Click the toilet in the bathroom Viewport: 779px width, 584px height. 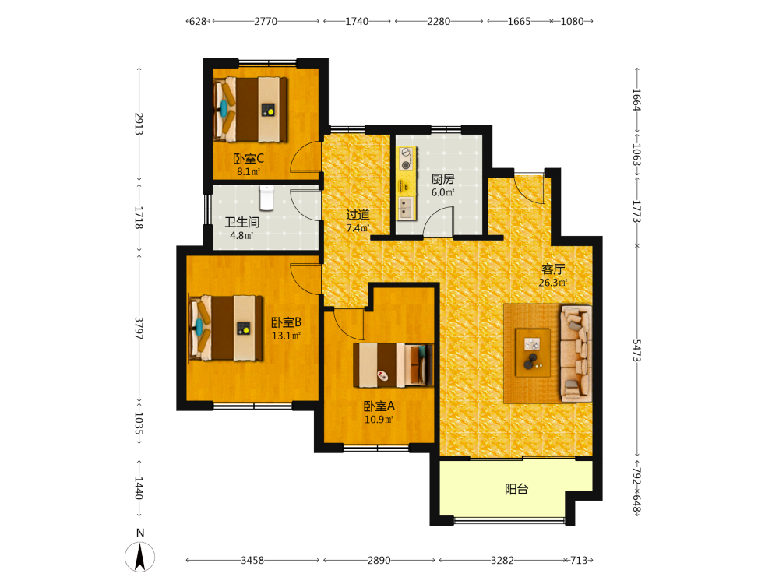266,198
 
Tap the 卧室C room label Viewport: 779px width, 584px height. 249,159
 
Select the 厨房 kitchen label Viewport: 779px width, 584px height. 442,179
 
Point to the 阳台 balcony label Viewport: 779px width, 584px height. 516,489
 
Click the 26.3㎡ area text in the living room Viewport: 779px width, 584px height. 553,283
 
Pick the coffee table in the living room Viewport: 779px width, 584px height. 533,352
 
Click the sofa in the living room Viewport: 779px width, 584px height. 576,353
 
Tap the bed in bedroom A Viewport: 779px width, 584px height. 393,365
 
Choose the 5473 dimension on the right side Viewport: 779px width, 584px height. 636,350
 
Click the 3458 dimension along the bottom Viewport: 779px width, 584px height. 252,560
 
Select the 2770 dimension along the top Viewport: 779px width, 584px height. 266,21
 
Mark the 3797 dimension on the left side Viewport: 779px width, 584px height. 139,329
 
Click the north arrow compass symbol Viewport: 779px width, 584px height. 139,556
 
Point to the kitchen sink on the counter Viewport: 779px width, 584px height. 406,208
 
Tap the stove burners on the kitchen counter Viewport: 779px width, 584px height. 407,158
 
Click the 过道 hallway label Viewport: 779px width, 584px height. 358,215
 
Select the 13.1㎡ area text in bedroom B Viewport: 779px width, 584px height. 286,336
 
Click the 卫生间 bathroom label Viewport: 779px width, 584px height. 242,222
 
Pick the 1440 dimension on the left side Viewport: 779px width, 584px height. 139,489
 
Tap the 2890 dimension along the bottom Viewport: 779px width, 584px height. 379,560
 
